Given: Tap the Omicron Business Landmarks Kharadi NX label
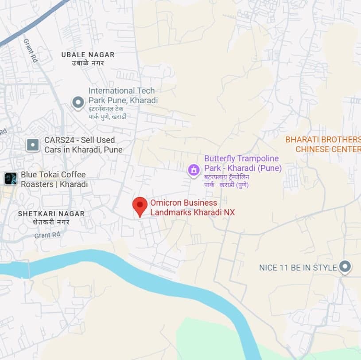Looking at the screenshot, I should pyautogui.click(x=192, y=207).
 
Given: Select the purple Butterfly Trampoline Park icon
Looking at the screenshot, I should pyautogui.click(x=194, y=169).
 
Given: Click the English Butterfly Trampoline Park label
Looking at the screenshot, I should pyautogui.click(x=243, y=164).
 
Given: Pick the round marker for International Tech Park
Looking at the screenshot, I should pyautogui.click(x=78, y=103).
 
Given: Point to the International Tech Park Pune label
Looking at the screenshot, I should pyautogui.click(x=123, y=95).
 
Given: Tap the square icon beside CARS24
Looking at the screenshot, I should pyautogui.click(x=33, y=145).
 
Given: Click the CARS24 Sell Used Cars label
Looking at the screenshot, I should pyautogui.click(x=83, y=145).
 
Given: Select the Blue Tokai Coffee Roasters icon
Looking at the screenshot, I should pyautogui.click(x=10, y=179).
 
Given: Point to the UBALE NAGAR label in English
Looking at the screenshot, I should pyautogui.click(x=88, y=55).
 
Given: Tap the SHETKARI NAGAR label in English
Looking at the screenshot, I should pyautogui.click(x=51, y=214).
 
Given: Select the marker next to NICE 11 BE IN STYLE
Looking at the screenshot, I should pyautogui.click(x=345, y=267).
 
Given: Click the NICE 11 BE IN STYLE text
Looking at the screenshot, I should pyautogui.click(x=298, y=268).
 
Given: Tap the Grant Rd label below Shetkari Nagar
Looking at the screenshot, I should pyautogui.click(x=47, y=235).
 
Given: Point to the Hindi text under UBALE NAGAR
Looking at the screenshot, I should pyautogui.click(x=88, y=63).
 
